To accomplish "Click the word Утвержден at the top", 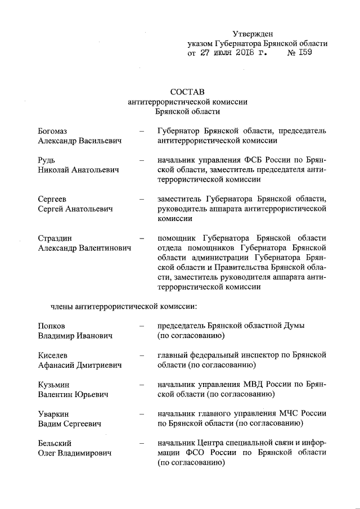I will (253, 34).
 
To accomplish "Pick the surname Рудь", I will (47, 160).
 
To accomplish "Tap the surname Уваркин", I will (54, 414).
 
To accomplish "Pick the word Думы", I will (292, 326).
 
